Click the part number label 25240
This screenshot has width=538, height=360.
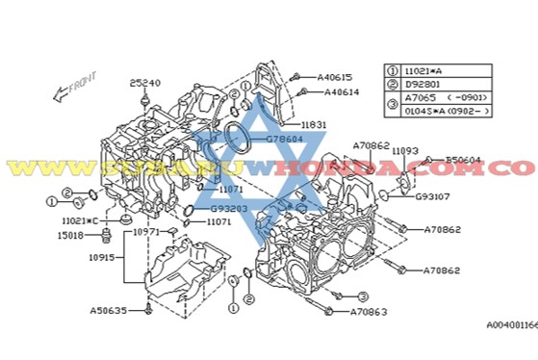[x=146, y=83]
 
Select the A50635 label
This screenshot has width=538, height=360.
[x=109, y=311]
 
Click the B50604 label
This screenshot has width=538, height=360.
[x=465, y=160]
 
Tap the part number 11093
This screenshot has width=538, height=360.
[x=404, y=150]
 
